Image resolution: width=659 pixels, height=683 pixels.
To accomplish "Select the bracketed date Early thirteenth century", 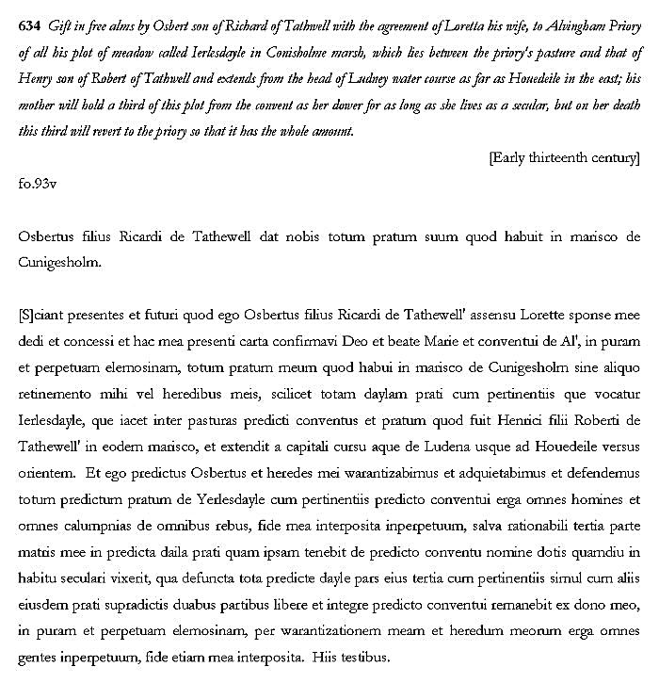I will [x=564, y=157].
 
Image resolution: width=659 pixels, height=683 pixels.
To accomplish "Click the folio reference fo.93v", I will [x=38, y=183].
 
